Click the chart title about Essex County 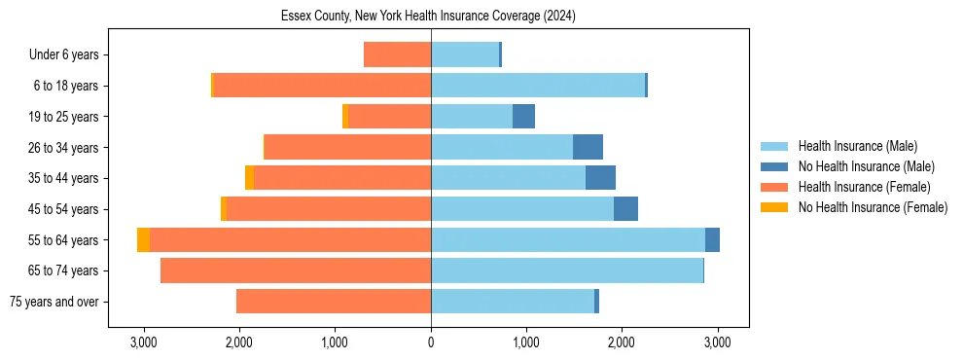tap(429, 17)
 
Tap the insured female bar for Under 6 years tap(397, 54)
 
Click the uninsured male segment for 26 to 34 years tap(588, 147)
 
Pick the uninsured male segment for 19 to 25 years tap(523, 117)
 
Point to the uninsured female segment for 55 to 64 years tap(143, 239)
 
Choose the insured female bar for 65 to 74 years tap(296, 270)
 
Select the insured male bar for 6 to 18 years tap(538, 86)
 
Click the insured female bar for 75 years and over tap(334, 302)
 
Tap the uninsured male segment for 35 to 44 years tap(600, 178)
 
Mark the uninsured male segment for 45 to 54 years tap(625, 208)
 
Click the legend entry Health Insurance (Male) tap(857, 146)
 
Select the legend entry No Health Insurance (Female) tap(873, 207)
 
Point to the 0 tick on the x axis tap(431, 342)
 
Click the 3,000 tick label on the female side tap(144, 342)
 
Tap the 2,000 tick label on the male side tap(622, 342)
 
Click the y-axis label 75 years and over tap(53, 302)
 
